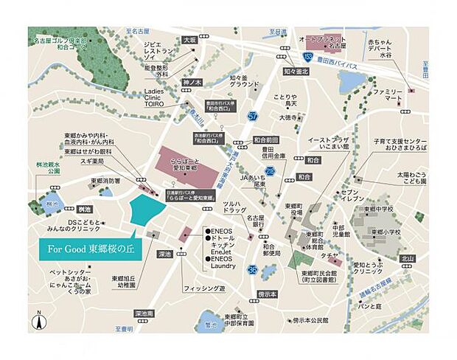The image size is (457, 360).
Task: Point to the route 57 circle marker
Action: pos(253,116)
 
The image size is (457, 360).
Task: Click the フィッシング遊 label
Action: pos(204,288)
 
